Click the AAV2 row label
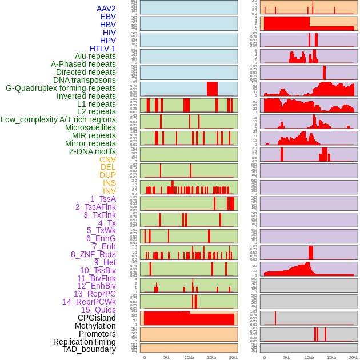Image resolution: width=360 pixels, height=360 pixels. [106, 9]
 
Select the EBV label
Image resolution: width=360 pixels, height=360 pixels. [108, 17]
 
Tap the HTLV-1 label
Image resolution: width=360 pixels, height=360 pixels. [103, 49]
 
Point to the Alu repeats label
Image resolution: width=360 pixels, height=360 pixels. [95, 56]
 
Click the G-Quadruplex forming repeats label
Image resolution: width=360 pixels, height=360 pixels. [61, 88]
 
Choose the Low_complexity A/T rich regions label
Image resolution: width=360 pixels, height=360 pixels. [58, 119]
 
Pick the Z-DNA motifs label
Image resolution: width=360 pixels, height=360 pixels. [93, 151]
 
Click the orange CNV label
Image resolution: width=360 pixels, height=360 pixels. [107, 159]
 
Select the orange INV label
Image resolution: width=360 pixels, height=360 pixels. [109, 191]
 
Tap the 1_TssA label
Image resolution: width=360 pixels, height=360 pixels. [103, 199]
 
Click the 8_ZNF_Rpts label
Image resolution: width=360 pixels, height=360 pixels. [93, 254]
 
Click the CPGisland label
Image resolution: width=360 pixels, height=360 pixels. [97, 318]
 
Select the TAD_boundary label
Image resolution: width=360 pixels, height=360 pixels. [89, 349]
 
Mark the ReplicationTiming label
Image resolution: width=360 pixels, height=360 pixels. [85, 342]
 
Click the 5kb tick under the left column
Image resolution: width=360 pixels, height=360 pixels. [167, 357]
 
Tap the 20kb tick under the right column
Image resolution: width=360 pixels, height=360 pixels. [354, 357]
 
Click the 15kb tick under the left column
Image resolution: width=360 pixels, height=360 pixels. [211, 357]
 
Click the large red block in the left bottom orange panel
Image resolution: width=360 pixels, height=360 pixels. [189, 319]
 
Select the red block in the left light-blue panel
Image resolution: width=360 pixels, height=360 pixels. [212, 89]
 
